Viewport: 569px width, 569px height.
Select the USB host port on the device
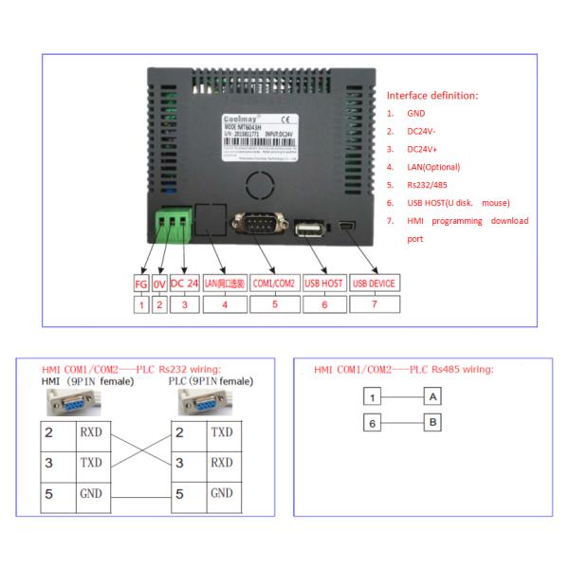310,229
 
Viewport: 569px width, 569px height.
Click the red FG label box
141,284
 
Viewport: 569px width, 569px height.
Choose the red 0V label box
159,284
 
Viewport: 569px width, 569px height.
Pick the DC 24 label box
184,284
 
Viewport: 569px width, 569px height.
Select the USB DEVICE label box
373,284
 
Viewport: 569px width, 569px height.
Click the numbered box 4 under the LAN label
225,304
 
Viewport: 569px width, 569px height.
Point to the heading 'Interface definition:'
431,96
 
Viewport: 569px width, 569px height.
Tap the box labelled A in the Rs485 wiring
431,396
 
